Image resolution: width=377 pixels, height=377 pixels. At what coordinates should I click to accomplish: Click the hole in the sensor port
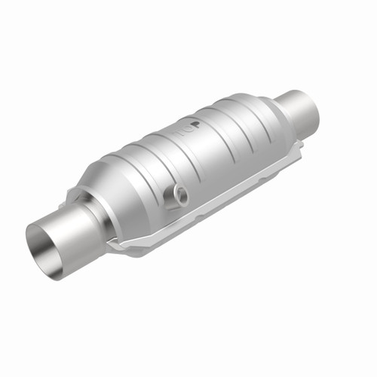[179, 195]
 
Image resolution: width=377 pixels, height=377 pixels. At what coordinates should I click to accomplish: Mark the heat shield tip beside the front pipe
[113, 245]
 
